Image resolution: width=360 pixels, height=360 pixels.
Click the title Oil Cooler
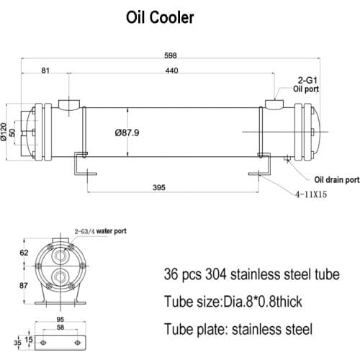(159, 18)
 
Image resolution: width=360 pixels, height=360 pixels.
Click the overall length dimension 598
(171, 55)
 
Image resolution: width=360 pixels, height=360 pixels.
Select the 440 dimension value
(171, 71)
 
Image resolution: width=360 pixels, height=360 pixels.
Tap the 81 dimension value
(46, 71)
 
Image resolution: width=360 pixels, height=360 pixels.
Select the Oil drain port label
(336, 180)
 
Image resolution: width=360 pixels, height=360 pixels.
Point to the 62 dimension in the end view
(24, 253)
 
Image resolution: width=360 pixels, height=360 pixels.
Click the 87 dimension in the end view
(24, 286)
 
